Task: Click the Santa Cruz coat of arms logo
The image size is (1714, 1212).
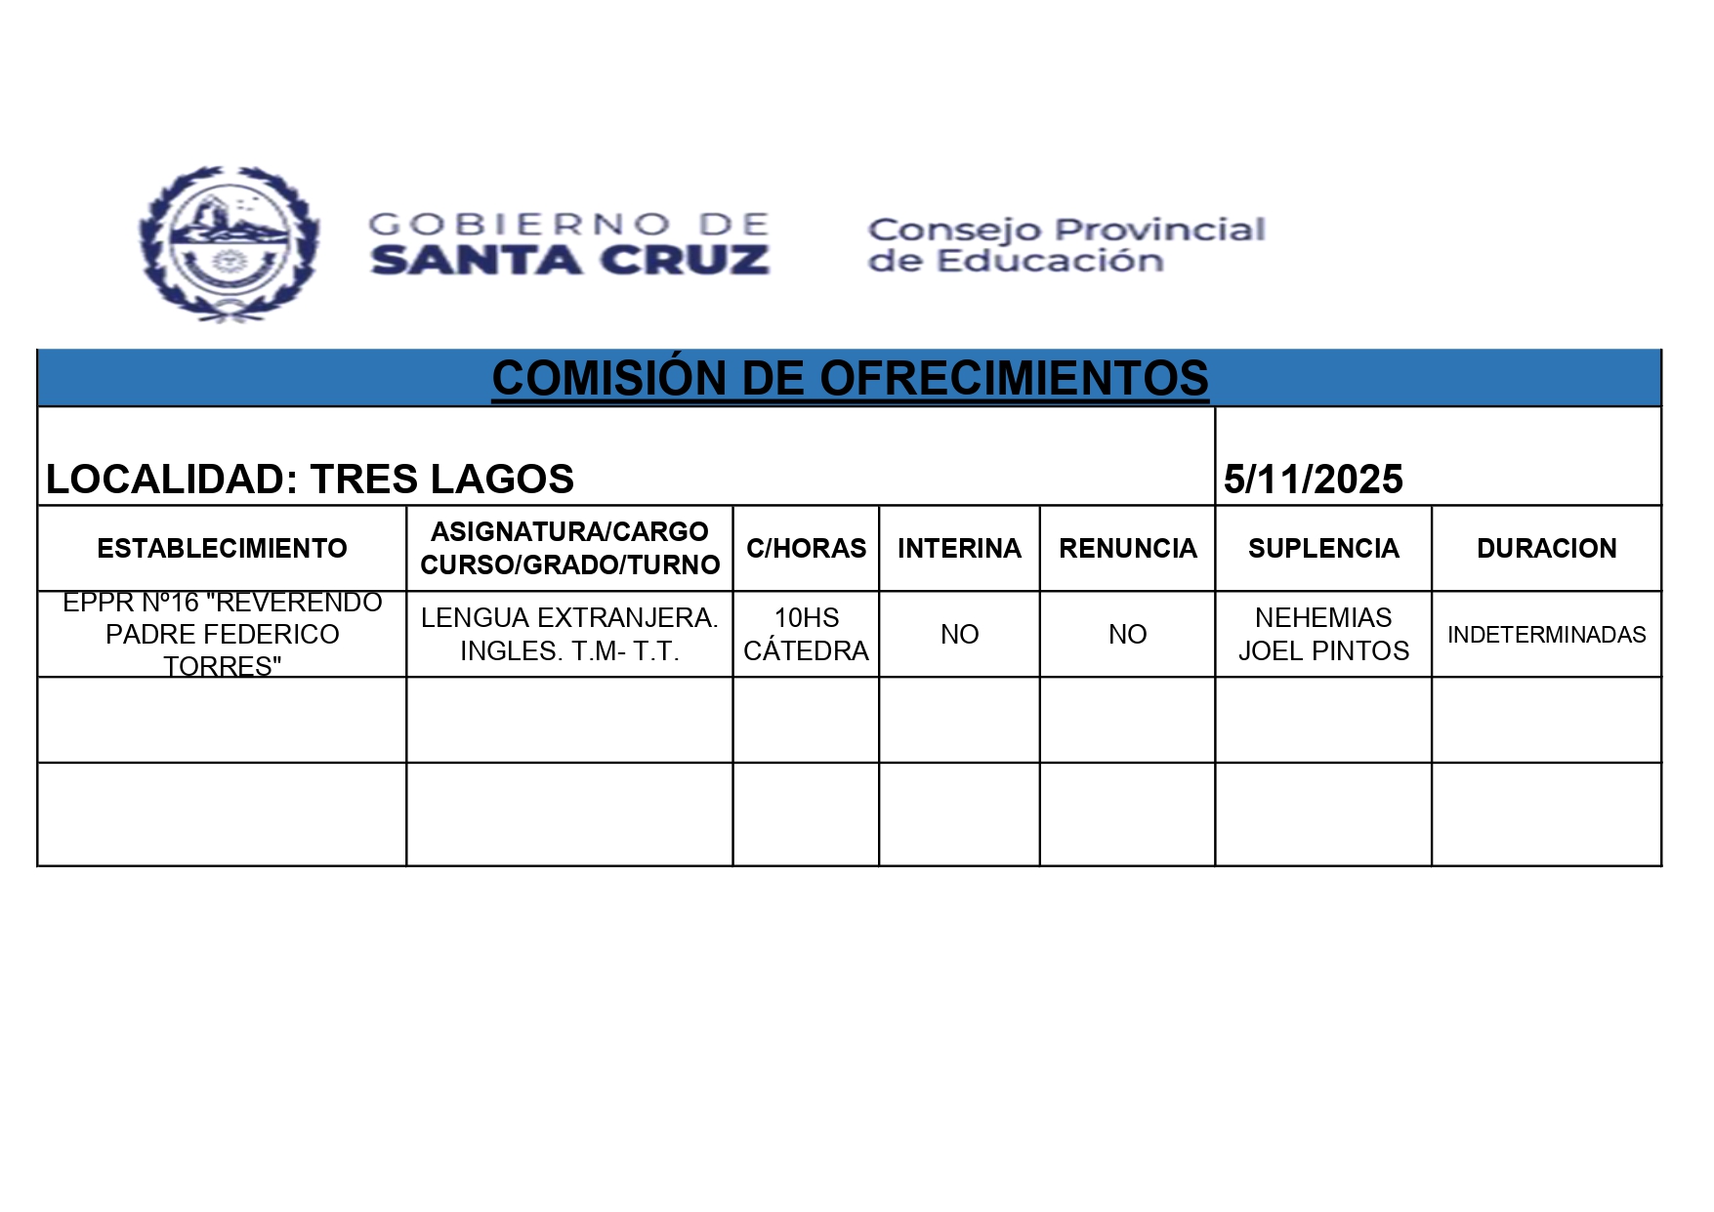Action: coord(230,243)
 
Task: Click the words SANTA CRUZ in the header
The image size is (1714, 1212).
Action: coord(569,261)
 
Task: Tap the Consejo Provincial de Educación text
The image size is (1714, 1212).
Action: coord(1066,245)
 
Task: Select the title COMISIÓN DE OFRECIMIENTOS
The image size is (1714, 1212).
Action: coord(850,379)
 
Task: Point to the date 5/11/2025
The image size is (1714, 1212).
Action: coord(1313,479)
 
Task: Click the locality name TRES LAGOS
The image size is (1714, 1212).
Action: coord(441,479)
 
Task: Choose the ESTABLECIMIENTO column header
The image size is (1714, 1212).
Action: coord(222,548)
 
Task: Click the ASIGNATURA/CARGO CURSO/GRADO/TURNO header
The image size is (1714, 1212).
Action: coord(569,548)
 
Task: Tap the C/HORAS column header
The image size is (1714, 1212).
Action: coord(806,548)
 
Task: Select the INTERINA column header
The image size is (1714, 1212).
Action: coord(959,548)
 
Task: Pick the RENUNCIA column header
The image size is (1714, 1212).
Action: coord(1127,548)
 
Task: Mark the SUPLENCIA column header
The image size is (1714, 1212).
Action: coord(1323,548)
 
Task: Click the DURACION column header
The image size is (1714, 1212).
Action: coord(1546,548)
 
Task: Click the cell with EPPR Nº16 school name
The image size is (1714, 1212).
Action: coord(222,634)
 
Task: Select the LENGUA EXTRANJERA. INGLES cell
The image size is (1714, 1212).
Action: coord(569,634)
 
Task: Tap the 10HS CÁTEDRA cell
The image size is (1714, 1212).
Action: coord(806,634)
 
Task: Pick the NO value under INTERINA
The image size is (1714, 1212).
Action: coord(959,634)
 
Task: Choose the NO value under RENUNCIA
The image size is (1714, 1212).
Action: coord(1127,634)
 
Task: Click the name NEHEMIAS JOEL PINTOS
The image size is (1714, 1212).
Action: coord(1323,634)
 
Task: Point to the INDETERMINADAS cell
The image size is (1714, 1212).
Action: coord(1546,634)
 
